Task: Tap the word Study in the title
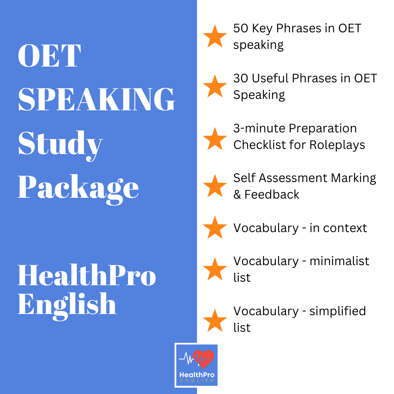pyautogui.click(x=60, y=144)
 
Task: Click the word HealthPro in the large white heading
pyautogui.click(x=87, y=275)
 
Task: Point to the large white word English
pyautogui.click(x=67, y=304)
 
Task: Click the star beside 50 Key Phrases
pyautogui.click(x=215, y=36)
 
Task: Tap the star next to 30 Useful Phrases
pyautogui.click(x=215, y=86)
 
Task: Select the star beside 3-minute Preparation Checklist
pyautogui.click(x=215, y=138)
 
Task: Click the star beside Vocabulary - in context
pyautogui.click(x=215, y=227)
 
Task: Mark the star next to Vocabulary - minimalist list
pyautogui.click(x=215, y=269)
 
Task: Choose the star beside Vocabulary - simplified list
pyautogui.click(x=215, y=320)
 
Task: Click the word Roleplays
pyautogui.click(x=337, y=145)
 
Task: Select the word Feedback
pyautogui.click(x=272, y=194)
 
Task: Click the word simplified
pyautogui.click(x=338, y=311)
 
